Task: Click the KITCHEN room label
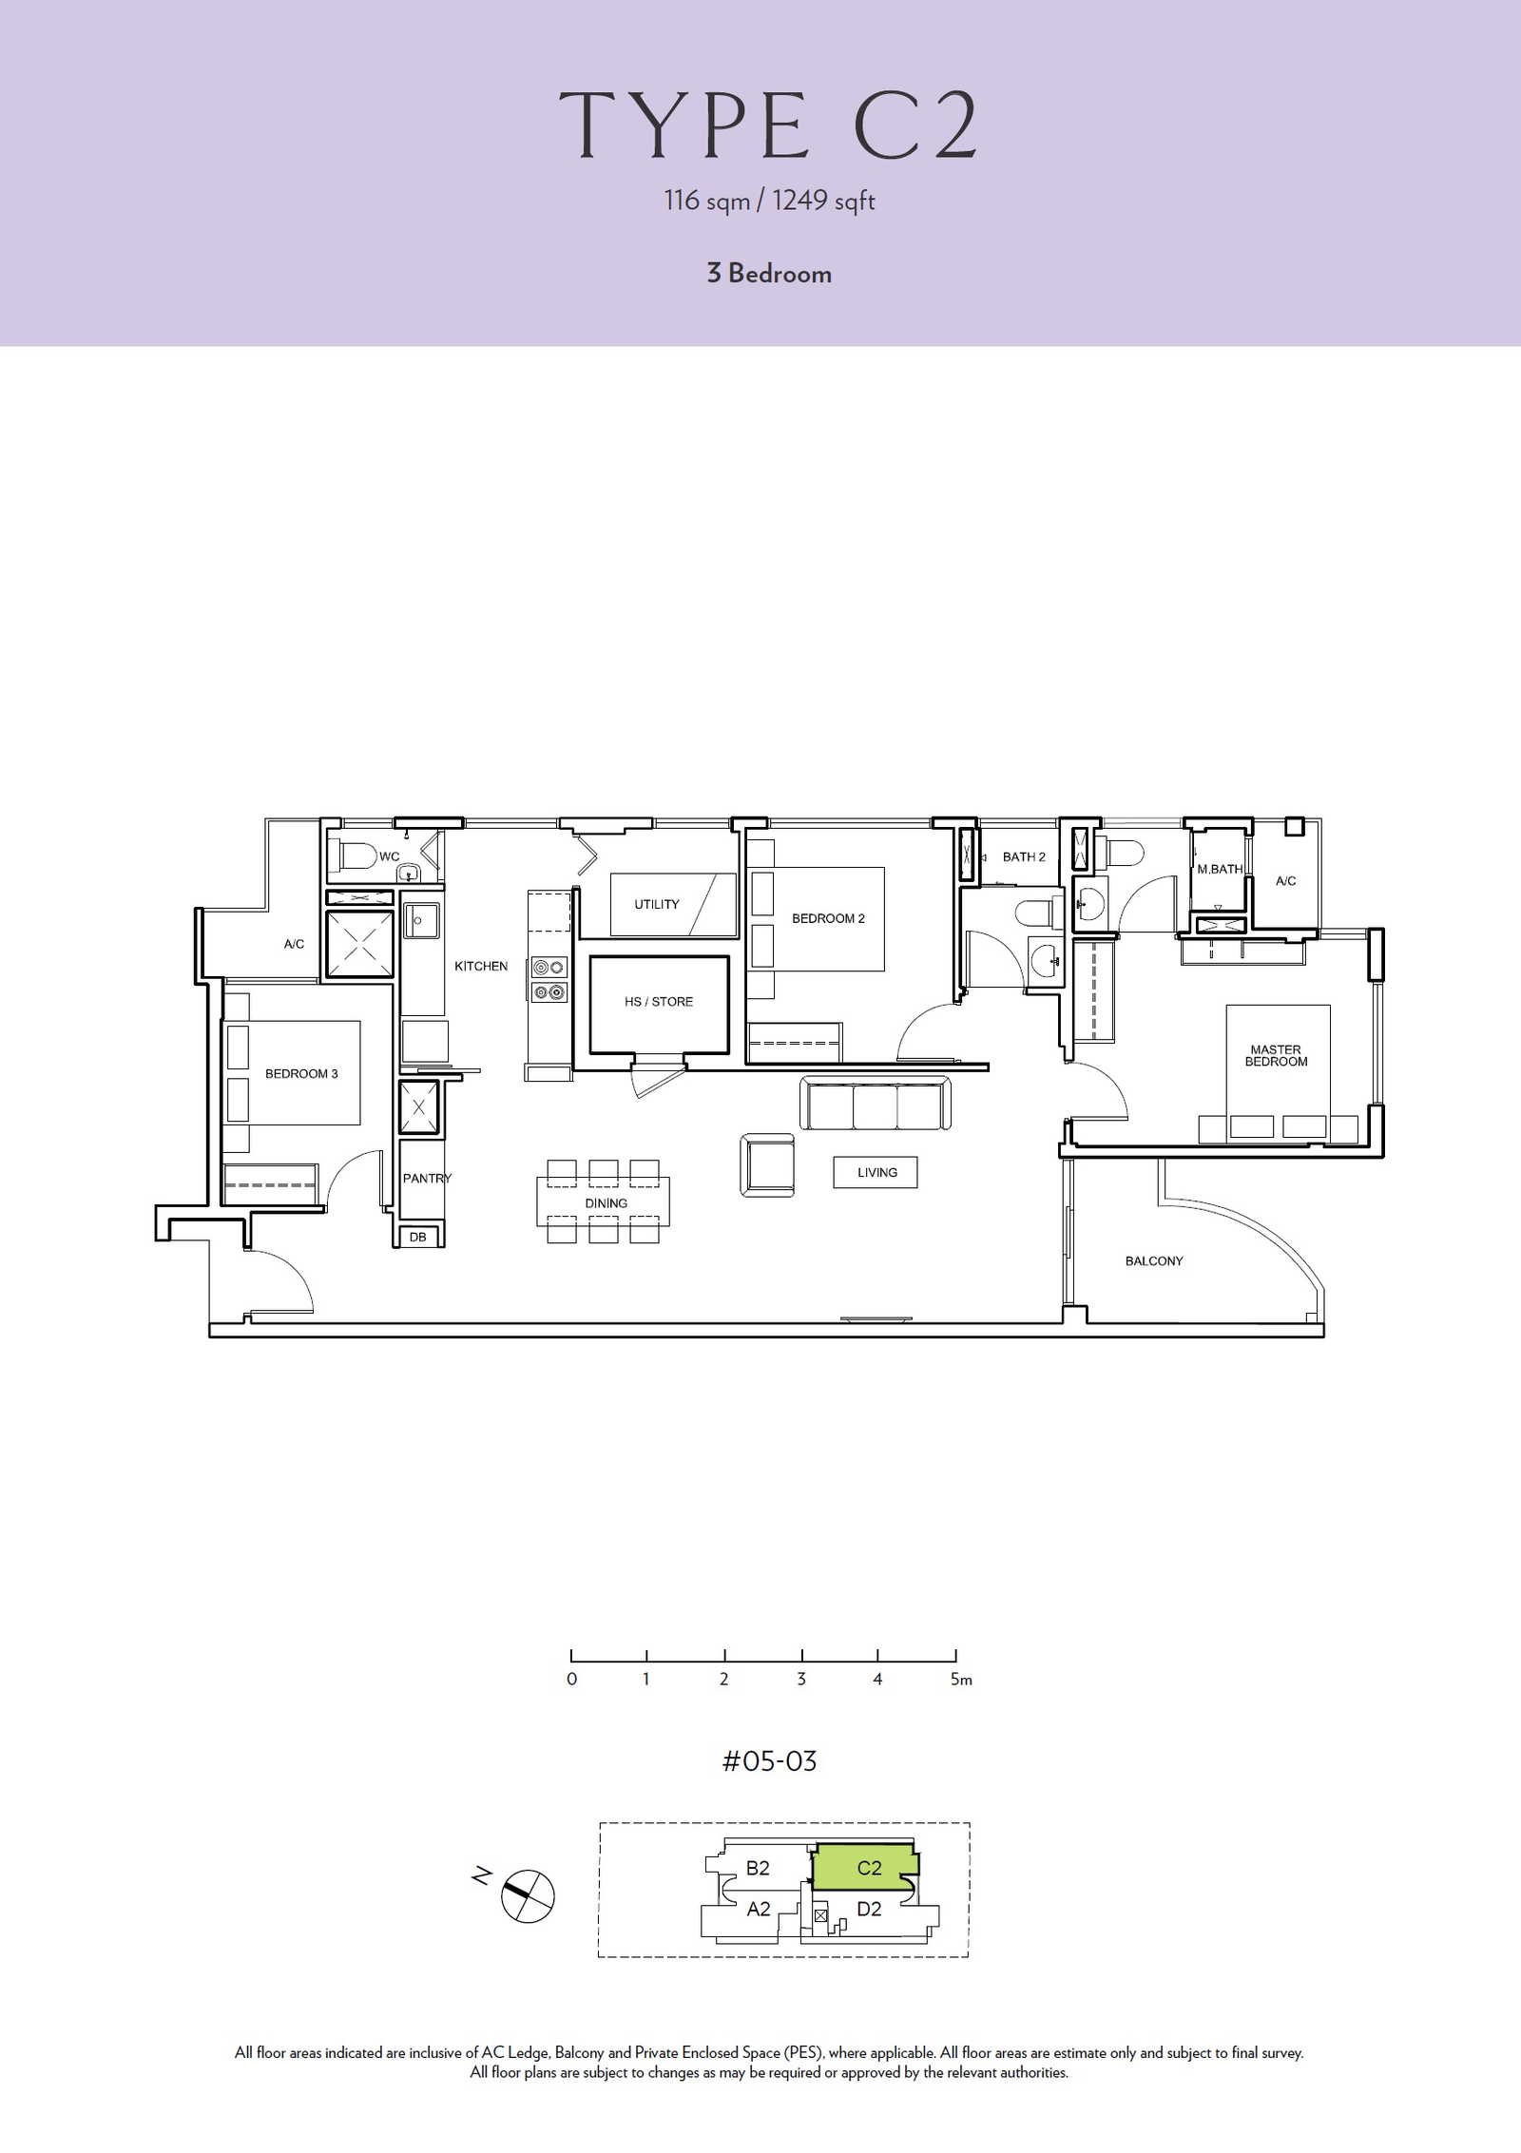pyautogui.click(x=481, y=966)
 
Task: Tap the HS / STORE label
pyautogui.click(x=659, y=1002)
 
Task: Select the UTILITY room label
pyautogui.click(x=657, y=904)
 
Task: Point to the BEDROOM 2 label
pyautogui.click(x=828, y=918)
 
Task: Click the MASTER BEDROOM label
pyautogui.click(x=1276, y=1056)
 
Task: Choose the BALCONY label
pyautogui.click(x=1154, y=1261)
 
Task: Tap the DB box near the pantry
pyautogui.click(x=418, y=1237)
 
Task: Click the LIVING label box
pyautogui.click(x=876, y=1172)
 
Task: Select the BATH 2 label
pyautogui.click(x=1024, y=856)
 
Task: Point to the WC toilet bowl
pyautogui.click(x=353, y=855)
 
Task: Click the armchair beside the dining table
pyautogui.click(x=767, y=1164)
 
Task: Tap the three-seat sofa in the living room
pyautogui.click(x=876, y=1104)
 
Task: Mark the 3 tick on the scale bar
pyautogui.click(x=801, y=1655)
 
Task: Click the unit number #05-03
pyautogui.click(x=769, y=1761)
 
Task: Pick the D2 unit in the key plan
pyautogui.click(x=869, y=1910)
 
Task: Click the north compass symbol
pyautogui.click(x=528, y=1895)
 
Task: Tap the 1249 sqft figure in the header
pyautogui.click(x=823, y=201)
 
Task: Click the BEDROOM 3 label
pyautogui.click(x=301, y=1074)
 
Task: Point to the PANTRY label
pyautogui.click(x=427, y=1179)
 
